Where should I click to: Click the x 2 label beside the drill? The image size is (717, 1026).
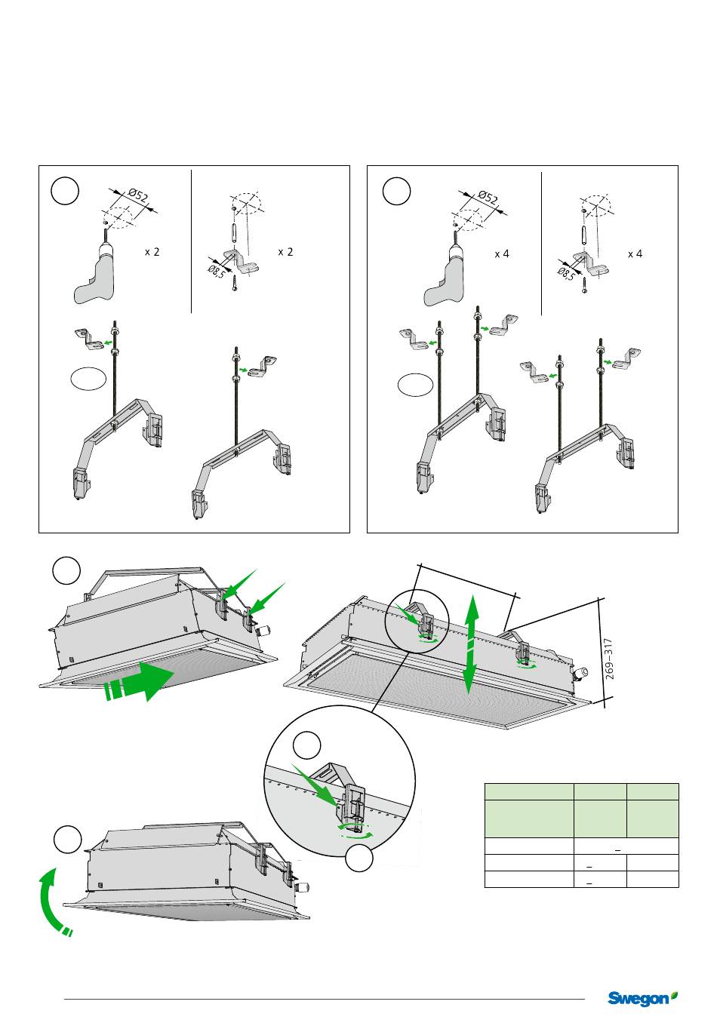(152, 252)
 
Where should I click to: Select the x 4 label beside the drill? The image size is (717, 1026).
(502, 254)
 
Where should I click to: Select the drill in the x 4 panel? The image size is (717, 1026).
(448, 275)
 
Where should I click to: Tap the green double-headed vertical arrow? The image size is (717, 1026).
(470, 643)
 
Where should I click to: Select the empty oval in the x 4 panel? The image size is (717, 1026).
(416, 385)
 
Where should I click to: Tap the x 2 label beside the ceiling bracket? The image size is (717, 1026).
(285, 252)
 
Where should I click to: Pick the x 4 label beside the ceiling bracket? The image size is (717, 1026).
(635, 254)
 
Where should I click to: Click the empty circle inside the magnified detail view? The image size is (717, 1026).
(307, 745)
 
